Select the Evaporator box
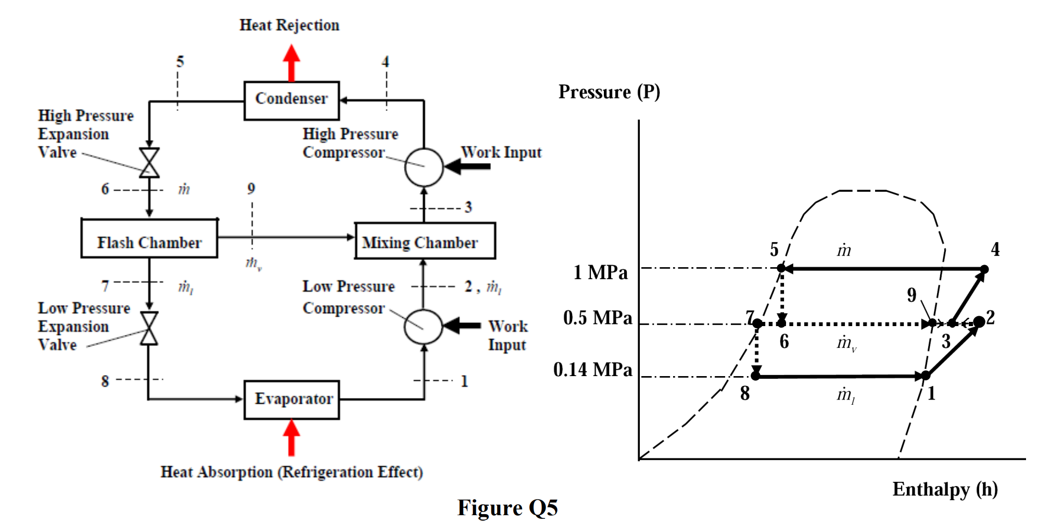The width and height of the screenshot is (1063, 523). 292,400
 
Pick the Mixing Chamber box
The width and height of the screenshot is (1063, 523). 425,241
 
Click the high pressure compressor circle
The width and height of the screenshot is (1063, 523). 424,167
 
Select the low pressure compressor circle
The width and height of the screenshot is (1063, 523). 423,327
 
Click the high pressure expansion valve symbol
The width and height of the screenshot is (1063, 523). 149,163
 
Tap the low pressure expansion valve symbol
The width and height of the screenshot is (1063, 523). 149,328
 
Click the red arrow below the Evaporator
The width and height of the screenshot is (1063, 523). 292,438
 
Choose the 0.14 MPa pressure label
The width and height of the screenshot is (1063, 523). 592,369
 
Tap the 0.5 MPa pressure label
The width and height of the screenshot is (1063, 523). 598,318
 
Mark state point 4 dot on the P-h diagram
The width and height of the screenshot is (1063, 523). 984,269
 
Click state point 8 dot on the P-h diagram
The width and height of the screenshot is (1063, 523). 756,376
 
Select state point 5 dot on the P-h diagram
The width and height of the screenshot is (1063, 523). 781,268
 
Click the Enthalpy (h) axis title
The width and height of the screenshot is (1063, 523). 945,489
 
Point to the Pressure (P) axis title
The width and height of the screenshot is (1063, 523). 609,92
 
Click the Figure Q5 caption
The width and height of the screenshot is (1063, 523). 508,507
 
